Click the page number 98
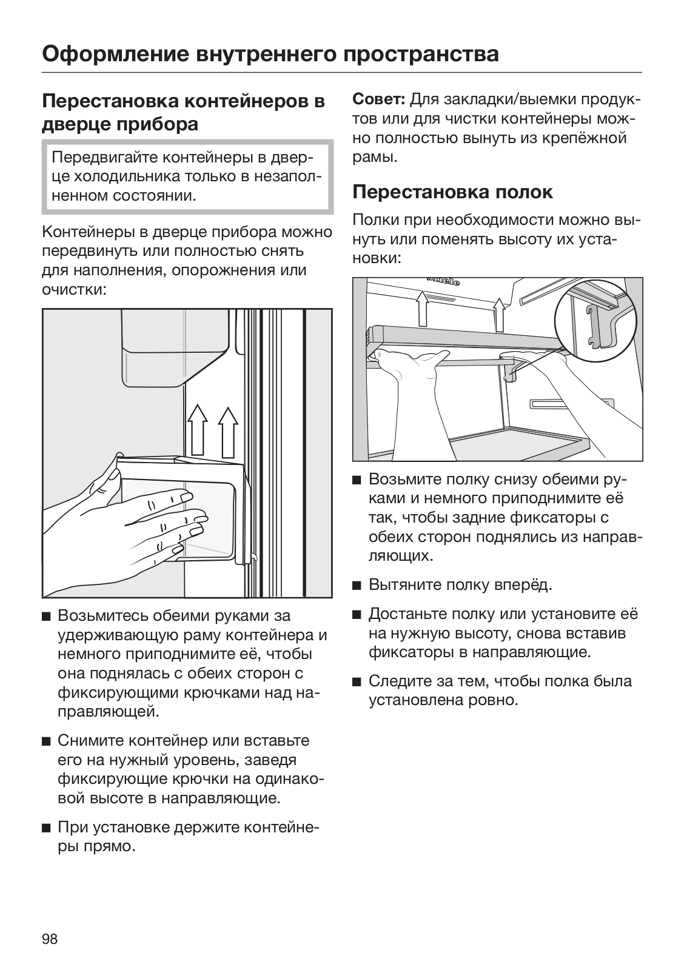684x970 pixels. pos(50,939)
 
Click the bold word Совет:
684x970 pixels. pos(379,99)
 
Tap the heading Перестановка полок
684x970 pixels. pos(452,192)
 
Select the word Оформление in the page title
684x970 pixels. pos(115,54)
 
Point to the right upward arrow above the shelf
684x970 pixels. pos(498,313)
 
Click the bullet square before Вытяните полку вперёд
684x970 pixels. pos(357,586)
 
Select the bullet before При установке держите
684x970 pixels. pos(46,828)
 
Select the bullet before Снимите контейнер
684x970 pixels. pos(46,741)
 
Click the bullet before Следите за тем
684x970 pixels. pos(357,681)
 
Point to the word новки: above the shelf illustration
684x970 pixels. pos(376,258)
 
